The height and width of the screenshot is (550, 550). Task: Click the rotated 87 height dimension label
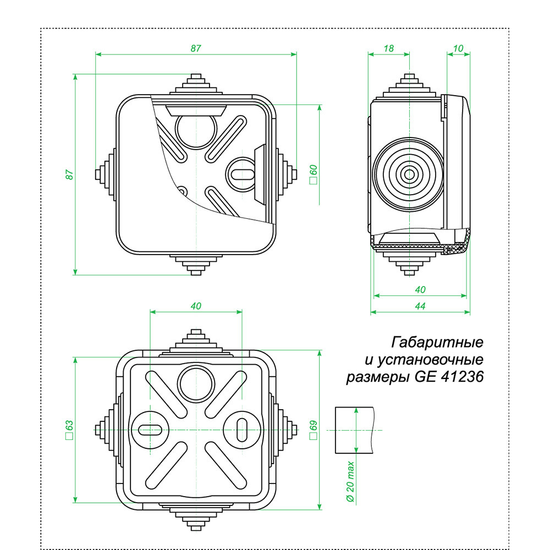[x=69, y=174]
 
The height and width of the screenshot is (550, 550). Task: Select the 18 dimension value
[x=388, y=48]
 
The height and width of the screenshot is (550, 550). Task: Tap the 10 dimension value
[x=458, y=48]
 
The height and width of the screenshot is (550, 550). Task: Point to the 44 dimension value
[x=420, y=306]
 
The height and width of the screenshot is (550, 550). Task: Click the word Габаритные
[x=437, y=343]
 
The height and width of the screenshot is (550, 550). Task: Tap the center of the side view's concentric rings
[x=409, y=174]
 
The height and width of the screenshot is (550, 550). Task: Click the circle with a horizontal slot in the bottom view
[x=149, y=429]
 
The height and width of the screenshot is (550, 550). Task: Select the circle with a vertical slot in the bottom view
[x=241, y=428]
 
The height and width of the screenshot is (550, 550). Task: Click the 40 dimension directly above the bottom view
[x=196, y=306]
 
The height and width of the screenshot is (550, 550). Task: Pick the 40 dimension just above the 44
[x=420, y=289]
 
